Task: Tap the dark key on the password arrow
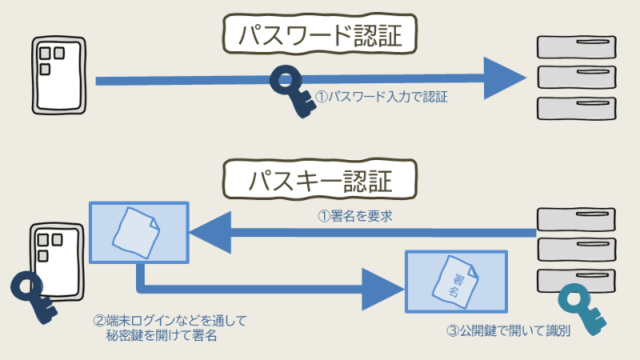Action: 292,90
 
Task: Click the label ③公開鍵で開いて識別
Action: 509,330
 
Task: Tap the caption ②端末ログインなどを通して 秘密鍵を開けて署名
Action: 170,328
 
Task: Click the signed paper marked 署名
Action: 456,280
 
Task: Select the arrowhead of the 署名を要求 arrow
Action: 210,231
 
